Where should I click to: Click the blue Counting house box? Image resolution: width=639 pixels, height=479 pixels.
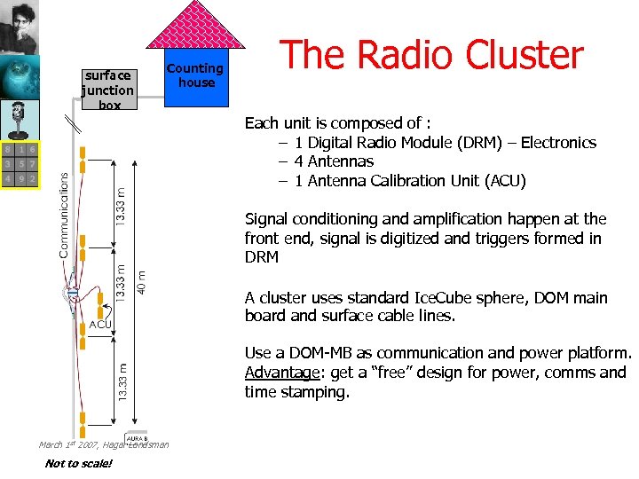pos(195,78)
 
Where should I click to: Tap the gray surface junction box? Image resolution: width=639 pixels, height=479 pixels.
pos(108,90)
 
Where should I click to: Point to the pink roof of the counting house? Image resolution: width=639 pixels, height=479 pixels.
pos(195,27)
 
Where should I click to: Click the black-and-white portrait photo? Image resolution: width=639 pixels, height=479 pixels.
pos(20,27)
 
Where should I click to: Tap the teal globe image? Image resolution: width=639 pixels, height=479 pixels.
pos(20,78)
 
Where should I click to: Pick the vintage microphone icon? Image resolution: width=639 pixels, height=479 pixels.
pos(20,120)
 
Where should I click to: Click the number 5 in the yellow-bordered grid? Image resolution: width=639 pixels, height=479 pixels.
pos(20,164)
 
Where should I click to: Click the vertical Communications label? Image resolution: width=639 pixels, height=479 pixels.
pos(64,215)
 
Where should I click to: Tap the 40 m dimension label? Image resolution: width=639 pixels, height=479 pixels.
pos(142,282)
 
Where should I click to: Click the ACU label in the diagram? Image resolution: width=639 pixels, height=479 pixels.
pos(100,325)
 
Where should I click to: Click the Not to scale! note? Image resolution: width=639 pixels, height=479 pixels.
pos(78,463)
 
